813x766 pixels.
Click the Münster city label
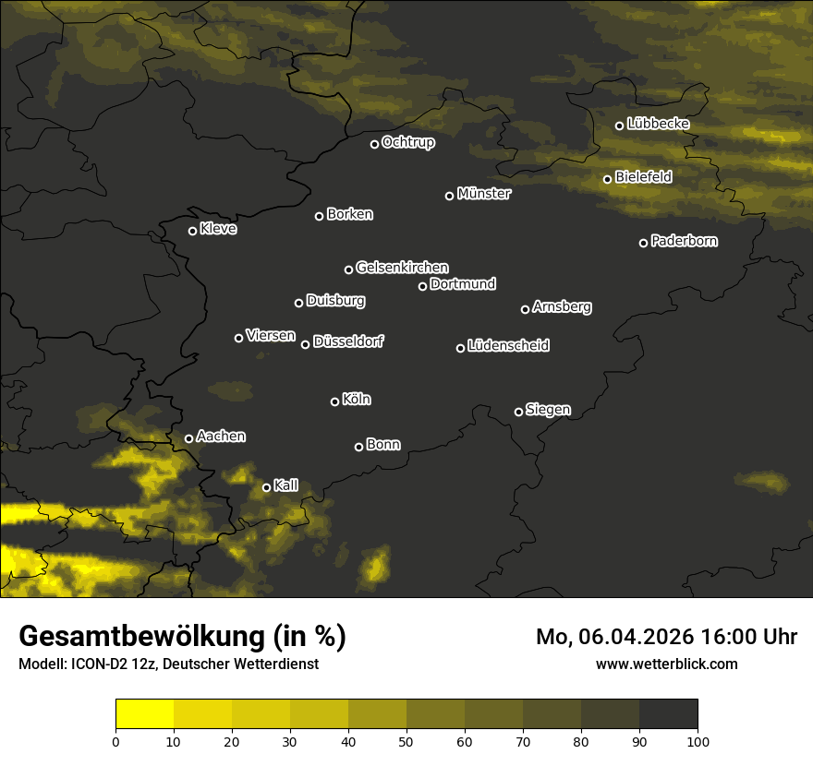pos(484,194)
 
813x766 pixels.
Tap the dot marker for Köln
pos(334,401)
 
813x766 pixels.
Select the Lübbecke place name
pos(658,124)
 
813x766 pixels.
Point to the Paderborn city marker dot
pos(644,243)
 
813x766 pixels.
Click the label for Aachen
pos(221,437)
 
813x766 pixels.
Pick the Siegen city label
pos(548,410)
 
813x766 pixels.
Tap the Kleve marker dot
pos(193,231)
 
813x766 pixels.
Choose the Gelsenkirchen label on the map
pos(402,268)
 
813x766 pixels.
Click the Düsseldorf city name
pos(348,341)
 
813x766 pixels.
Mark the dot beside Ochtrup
pos(374,144)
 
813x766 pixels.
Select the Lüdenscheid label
pos(508,346)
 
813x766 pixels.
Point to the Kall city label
pos(286,485)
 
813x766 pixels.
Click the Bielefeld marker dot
pos(608,179)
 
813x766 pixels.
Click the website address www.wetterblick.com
pos(666,664)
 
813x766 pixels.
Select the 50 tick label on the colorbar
pos(406,740)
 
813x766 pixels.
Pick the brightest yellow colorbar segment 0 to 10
pos(144,714)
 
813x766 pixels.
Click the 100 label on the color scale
pos(698,740)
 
